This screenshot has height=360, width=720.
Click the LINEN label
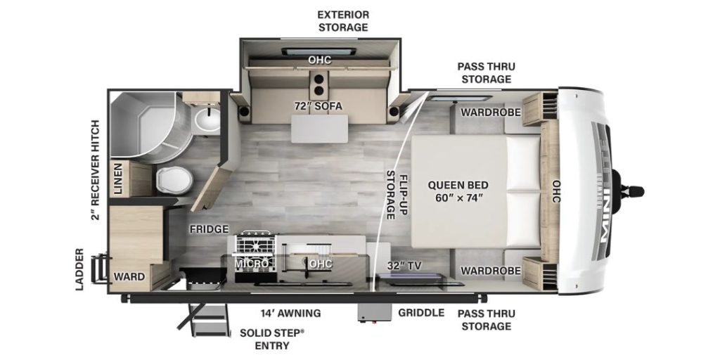tap(119, 179)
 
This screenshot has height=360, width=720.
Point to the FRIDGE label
tap(207, 229)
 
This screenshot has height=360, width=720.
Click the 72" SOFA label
tap(318, 107)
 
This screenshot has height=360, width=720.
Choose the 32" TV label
tap(404, 266)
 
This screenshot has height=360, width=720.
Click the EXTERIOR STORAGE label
tap(342, 20)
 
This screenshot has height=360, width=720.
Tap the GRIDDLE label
tap(420, 313)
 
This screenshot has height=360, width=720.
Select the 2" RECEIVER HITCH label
tap(96, 169)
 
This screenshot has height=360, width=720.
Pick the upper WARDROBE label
tap(490, 112)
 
